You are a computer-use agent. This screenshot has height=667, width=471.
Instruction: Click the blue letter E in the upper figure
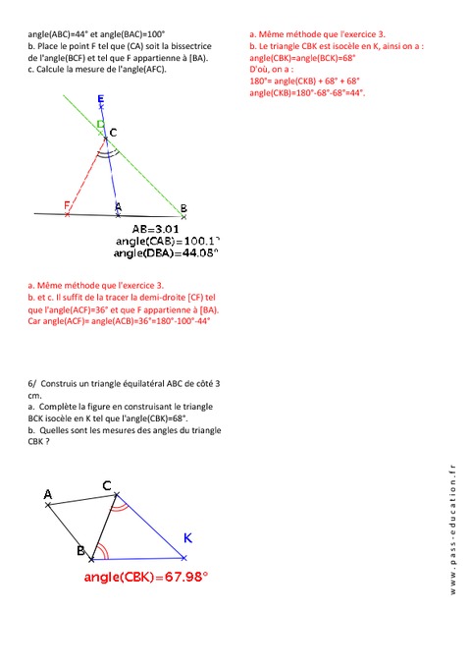point(102,99)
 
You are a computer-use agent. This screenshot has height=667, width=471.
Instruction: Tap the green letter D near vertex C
point(100,124)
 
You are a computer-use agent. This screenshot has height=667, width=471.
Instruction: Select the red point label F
point(67,205)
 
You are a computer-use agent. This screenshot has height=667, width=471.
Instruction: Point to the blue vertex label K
point(188,537)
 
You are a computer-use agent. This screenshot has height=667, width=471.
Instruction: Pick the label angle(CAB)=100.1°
point(164,241)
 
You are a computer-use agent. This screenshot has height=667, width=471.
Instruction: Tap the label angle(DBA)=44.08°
point(165,253)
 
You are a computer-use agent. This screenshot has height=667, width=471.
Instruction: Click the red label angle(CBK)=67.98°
point(146,578)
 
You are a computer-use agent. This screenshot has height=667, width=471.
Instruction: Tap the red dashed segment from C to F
point(86,177)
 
